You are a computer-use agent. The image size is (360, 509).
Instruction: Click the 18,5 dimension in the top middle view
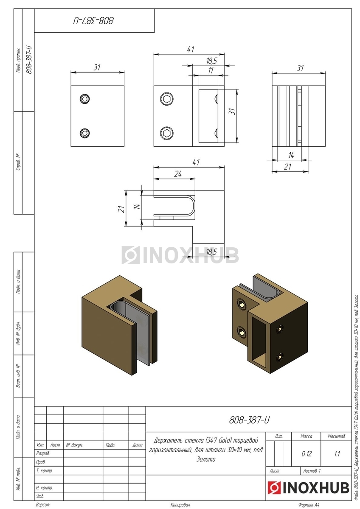click(x=212, y=61)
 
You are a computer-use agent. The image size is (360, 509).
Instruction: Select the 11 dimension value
click(x=211, y=71)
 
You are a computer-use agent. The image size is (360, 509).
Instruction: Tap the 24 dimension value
click(x=178, y=174)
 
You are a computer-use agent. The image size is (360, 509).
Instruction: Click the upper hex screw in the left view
click(x=85, y=99)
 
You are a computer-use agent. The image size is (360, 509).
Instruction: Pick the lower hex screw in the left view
click(x=85, y=133)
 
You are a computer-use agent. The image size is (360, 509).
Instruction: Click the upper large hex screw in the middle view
click(x=167, y=99)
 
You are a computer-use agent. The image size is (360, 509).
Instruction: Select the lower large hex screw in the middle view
click(x=167, y=133)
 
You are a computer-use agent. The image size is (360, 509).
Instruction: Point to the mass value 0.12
click(x=307, y=454)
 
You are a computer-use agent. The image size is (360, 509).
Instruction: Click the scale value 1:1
click(x=337, y=454)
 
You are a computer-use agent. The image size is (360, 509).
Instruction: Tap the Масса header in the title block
click(x=307, y=436)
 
